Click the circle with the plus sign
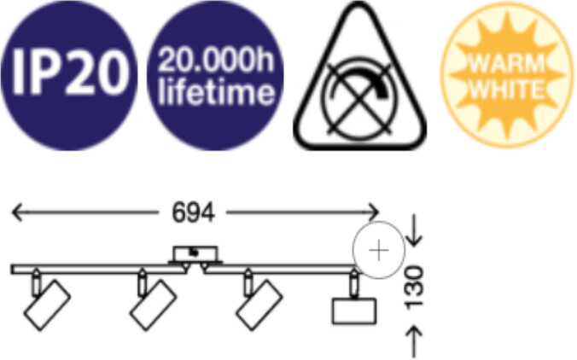click(379, 250)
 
